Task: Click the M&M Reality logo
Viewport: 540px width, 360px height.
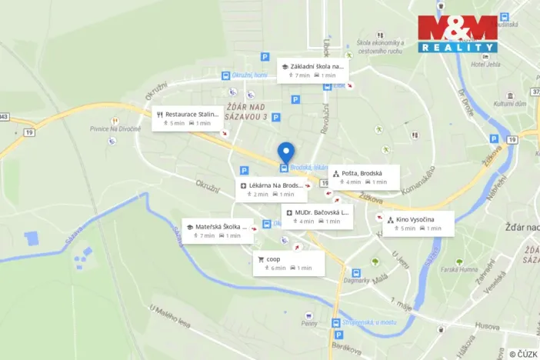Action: click(x=458, y=33)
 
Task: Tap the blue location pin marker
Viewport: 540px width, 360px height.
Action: click(x=285, y=151)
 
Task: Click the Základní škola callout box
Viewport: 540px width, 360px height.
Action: click(x=312, y=70)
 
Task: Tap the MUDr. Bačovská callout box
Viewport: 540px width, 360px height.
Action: click(x=317, y=216)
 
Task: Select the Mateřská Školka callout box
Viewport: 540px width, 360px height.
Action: click(x=217, y=231)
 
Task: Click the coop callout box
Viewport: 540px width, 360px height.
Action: click(x=288, y=263)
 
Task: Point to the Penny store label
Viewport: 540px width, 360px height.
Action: click(x=309, y=324)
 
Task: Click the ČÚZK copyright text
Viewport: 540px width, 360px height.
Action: click(x=523, y=354)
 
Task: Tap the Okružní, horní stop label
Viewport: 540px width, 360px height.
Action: click(x=249, y=75)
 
